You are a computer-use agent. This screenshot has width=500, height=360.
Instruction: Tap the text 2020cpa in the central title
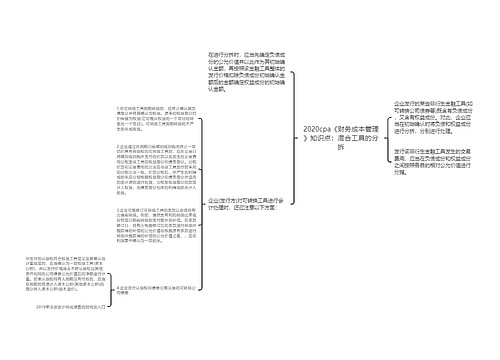coord(307,130)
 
